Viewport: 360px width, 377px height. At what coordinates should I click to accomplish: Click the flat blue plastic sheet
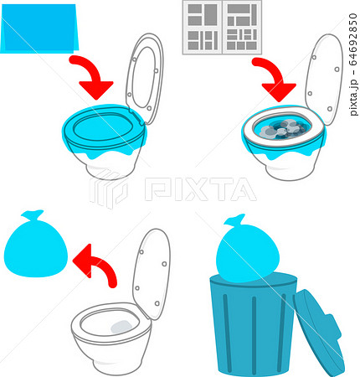(39, 29)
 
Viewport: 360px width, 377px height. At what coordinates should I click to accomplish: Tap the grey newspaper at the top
(222, 27)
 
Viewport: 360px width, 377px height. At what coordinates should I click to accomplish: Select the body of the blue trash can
(251, 327)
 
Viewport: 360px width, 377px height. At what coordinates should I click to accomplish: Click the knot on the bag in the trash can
(235, 223)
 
